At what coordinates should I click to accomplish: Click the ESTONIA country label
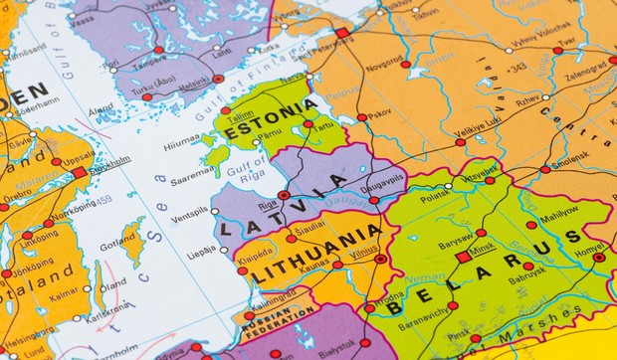point(271,118)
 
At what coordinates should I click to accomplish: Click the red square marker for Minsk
point(463,256)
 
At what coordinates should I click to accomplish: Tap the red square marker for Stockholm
point(79,172)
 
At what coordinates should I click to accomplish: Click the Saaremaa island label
point(192,182)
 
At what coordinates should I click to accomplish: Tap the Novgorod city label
point(384,60)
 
